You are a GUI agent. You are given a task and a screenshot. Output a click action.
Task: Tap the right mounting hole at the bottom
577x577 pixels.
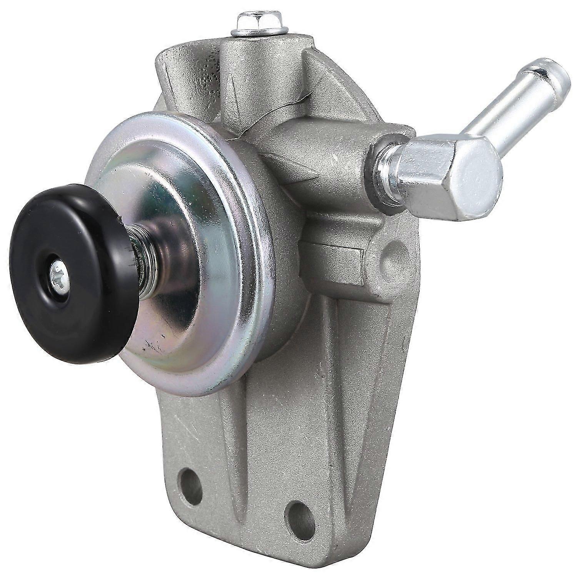(x=300, y=518)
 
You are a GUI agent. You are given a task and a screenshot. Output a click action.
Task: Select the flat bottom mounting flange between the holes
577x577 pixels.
(x=246, y=508)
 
